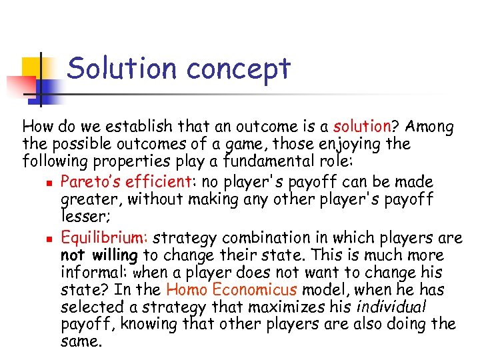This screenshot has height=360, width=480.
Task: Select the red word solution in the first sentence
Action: (x=362, y=126)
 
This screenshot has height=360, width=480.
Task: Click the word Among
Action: (x=429, y=126)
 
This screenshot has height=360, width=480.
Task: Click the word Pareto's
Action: (x=89, y=181)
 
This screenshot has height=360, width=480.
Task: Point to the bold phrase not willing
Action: (x=99, y=255)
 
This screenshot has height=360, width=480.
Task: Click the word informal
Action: (x=94, y=273)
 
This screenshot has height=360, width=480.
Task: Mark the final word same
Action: (x=81, y=342)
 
